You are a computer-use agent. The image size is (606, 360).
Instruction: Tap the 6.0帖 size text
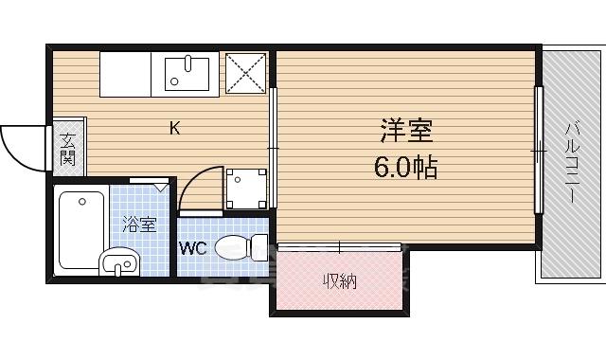point(406,168)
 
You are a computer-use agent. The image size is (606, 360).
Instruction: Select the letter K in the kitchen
point(174,128)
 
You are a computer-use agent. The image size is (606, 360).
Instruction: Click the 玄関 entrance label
point(67,150)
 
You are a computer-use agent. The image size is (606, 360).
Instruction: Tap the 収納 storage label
point(338,280)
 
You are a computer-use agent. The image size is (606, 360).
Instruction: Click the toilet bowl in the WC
point(237,248)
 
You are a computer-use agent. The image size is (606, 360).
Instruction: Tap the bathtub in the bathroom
point(80,227)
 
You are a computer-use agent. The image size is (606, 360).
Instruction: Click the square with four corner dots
point(244,188)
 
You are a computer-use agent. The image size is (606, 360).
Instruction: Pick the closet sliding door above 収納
point(339,247)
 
